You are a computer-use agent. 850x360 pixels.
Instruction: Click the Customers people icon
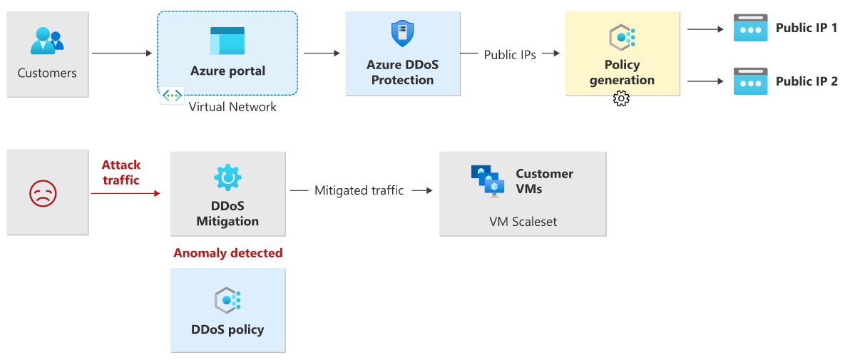47,40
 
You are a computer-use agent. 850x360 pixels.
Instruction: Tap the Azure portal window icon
227,41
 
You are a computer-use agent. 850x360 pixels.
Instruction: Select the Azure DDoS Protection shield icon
402,34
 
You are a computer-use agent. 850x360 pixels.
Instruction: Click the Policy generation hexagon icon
622,37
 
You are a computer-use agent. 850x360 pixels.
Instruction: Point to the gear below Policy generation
621,99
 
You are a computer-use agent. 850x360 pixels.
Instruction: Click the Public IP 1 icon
750,28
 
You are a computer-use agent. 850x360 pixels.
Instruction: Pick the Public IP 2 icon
750,81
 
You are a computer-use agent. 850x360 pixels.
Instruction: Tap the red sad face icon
43,193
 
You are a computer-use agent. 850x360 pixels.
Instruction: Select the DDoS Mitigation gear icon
227,178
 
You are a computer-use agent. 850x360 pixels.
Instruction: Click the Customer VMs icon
488,180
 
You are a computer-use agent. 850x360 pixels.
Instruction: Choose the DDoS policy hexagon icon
227,301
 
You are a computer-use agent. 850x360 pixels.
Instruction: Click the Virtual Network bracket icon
172,96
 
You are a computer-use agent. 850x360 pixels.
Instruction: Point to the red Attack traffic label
121,173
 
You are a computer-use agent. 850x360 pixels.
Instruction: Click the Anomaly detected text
228,253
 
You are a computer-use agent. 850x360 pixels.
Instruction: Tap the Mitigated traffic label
359,190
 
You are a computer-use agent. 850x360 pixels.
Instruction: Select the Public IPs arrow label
510,54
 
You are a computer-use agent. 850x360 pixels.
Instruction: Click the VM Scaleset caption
523,222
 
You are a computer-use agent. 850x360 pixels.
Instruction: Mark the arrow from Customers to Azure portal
122,53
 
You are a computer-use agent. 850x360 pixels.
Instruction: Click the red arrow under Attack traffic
125,192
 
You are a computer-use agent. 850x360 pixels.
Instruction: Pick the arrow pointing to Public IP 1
705,29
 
